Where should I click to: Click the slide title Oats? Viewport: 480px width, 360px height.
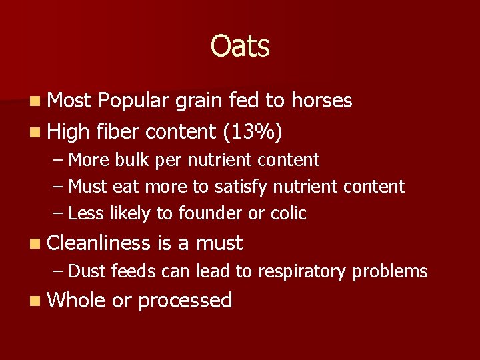click(x=240, y=47)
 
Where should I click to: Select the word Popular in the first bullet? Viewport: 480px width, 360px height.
click(x=134, y=101)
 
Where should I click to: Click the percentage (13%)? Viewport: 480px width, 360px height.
click(x=253, y=133)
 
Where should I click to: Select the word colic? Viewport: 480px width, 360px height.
click(x=289, y=213)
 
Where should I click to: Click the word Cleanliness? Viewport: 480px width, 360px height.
click(x=99, y=243)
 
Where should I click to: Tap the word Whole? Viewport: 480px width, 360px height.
click(x=77, y=300)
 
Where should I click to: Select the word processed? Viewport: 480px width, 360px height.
click(x=185, y=301)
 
